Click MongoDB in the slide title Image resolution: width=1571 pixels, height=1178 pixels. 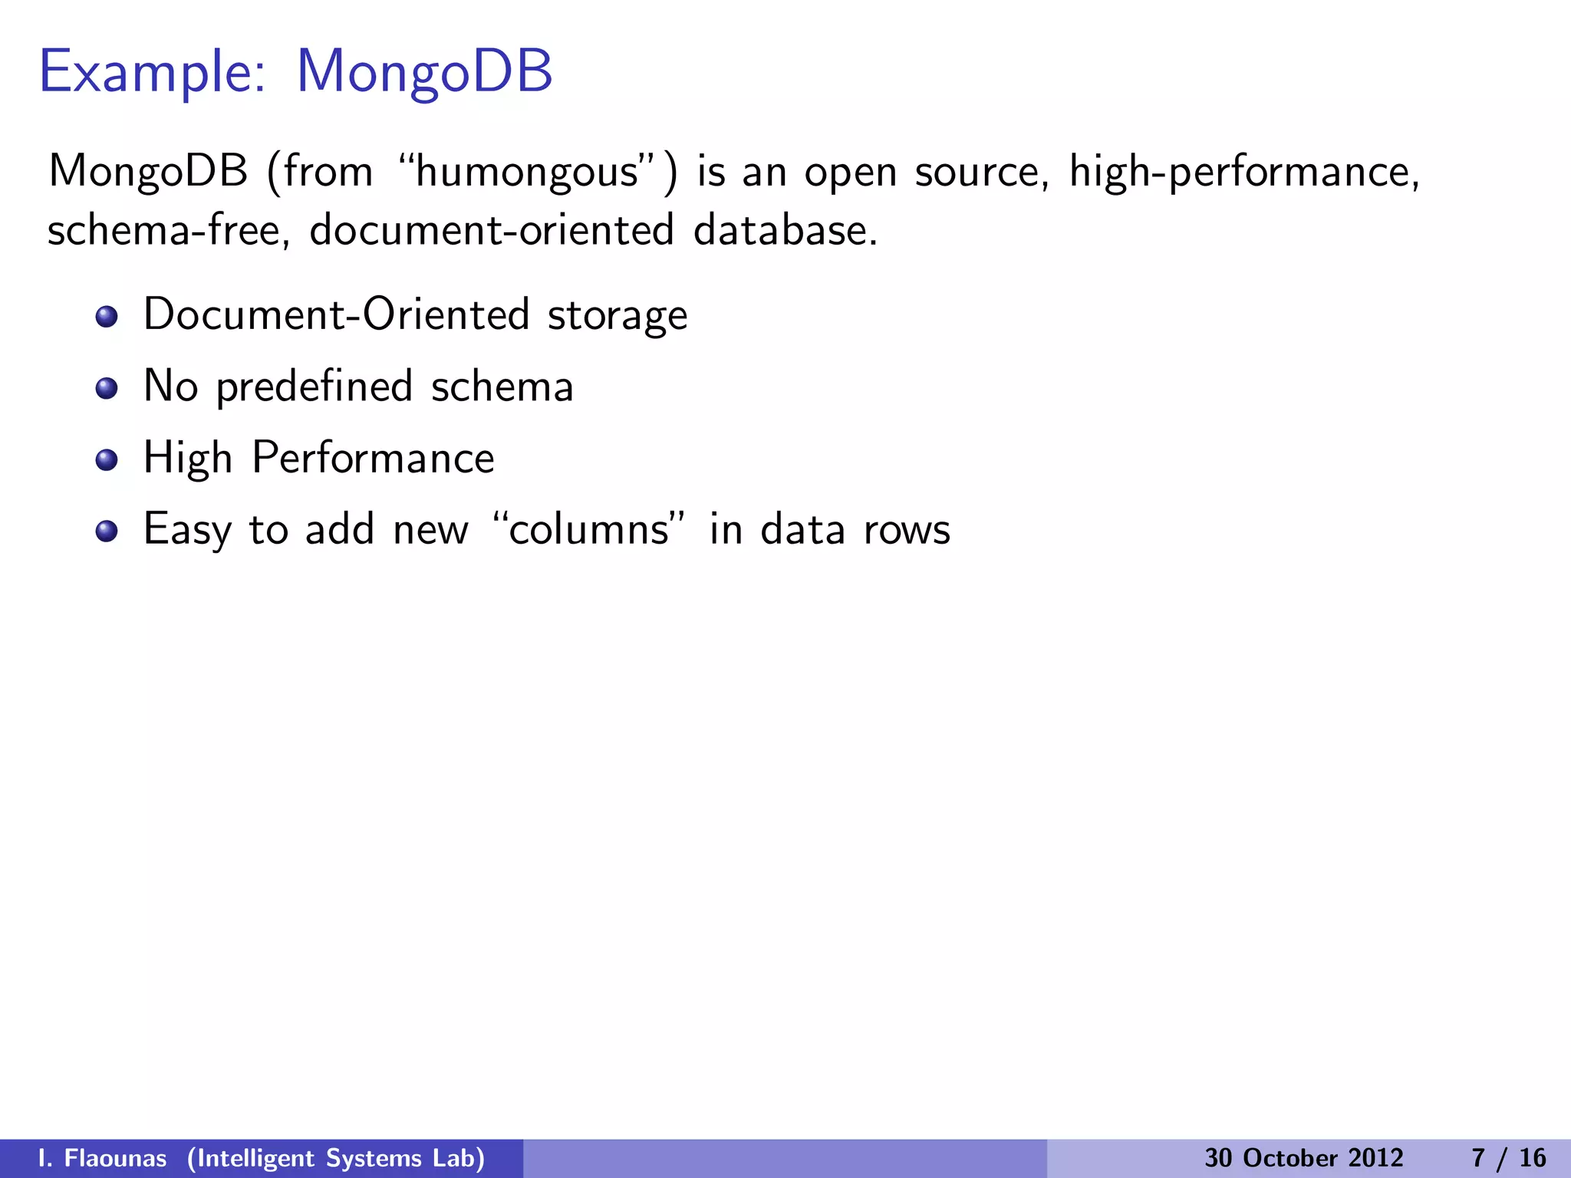(x=424, y=71)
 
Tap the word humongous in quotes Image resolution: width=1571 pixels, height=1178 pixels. (x=527, y=171)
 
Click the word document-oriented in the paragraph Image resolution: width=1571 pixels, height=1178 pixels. (x=492, y=230)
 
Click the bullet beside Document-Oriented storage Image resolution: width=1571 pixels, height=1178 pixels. (x=107, y=317)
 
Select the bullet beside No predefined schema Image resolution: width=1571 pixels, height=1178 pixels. (x=107, y=388)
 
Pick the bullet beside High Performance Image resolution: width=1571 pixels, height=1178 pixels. (x=107, y=460)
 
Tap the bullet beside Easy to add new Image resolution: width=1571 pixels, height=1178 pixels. (x=107, y=531)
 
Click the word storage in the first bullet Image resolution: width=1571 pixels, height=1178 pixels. (x=617, y=315)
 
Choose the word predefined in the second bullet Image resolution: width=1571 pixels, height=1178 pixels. (x=315, y=387)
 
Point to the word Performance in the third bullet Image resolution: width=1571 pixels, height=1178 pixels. (x=373, y=458)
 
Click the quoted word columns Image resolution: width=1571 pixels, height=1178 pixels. (x=588, y=529)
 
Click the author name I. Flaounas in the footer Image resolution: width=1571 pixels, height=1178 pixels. (x=102, y=1158)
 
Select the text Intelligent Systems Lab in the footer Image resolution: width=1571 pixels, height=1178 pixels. (x=336, y=1158)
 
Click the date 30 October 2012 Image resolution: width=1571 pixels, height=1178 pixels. (x=1303, y=1158)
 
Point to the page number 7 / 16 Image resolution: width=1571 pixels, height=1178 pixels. (x=1508, y=1158)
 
